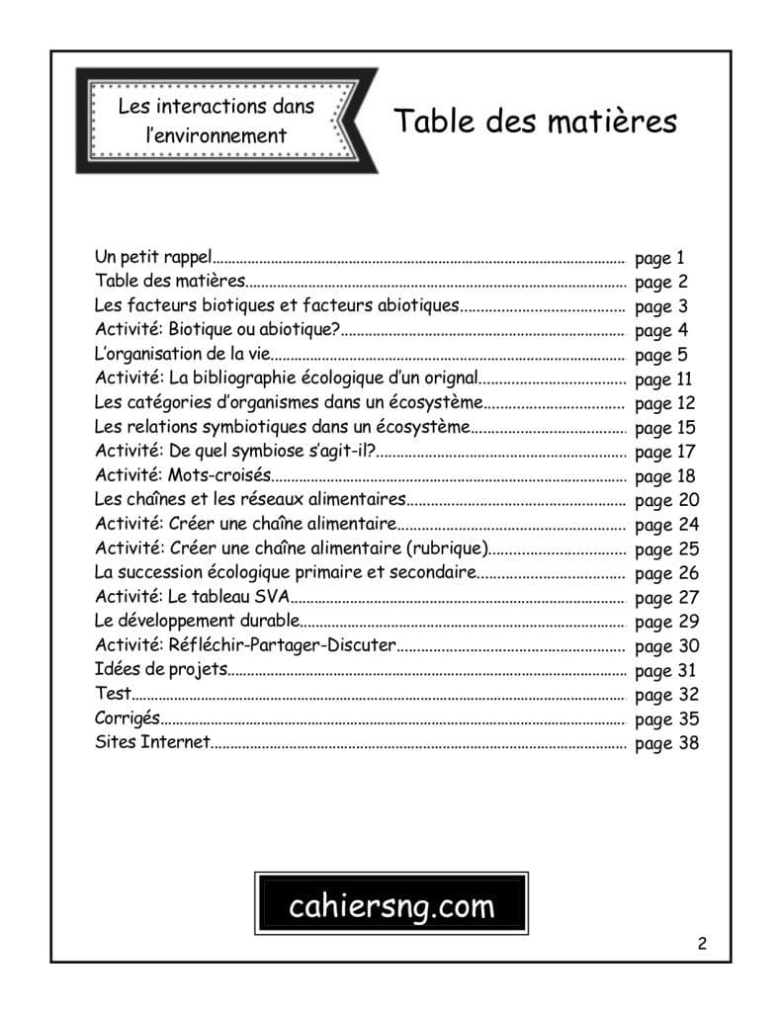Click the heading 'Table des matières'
[535, 121]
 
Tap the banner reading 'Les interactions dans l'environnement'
[216, 121]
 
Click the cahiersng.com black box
[391, 905]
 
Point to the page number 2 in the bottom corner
[702, 943]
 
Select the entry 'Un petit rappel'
[153, 258]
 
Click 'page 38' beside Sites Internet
[666, 743]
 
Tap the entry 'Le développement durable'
[197, 621]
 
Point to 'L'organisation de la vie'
[182, 354]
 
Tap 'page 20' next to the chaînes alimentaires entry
[666, 500]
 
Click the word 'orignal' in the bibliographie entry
[450, 379]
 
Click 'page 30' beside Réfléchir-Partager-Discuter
[666, 646]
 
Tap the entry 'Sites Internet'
[152, 742]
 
